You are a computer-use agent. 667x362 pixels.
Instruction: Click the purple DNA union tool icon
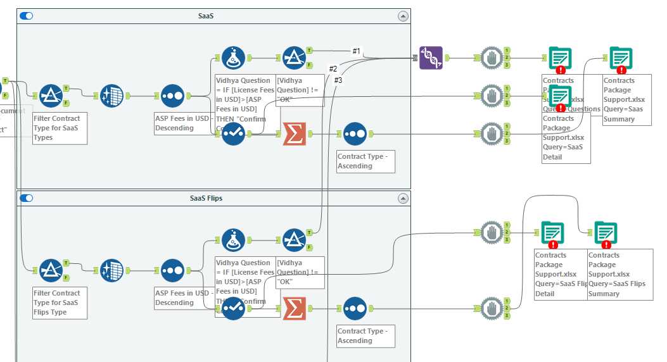(x=431, y=58)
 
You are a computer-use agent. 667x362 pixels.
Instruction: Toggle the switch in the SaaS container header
(x=26, y=16)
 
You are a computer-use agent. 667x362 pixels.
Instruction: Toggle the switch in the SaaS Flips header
(x=26, y=198)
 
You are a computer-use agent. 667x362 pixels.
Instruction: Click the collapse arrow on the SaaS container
(x=403, y=16)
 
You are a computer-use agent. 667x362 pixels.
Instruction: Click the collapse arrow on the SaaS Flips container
(x=403, y=199)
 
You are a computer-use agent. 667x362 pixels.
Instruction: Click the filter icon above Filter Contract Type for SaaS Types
(x=51, y=96)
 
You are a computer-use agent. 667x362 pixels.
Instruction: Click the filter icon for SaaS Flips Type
(x=51, y=271)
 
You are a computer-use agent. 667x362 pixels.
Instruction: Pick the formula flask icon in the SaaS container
(x=233, y=58)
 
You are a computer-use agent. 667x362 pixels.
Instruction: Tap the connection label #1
(x=356, y=51)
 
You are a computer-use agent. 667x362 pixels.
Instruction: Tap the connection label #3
(x=338, y=80)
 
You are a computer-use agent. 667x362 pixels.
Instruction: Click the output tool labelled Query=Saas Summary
(x=621, y=59)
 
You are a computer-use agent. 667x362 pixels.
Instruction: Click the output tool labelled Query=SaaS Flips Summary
(x=606, y=234)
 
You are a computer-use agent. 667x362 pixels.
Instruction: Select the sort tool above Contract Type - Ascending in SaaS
(x=355, y=134)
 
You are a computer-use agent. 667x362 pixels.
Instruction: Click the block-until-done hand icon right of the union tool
(x=492, y=58)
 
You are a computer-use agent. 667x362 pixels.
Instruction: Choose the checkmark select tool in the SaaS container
(x=233, y=134)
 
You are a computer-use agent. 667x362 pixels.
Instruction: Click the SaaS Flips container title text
(x=206, y=198)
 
